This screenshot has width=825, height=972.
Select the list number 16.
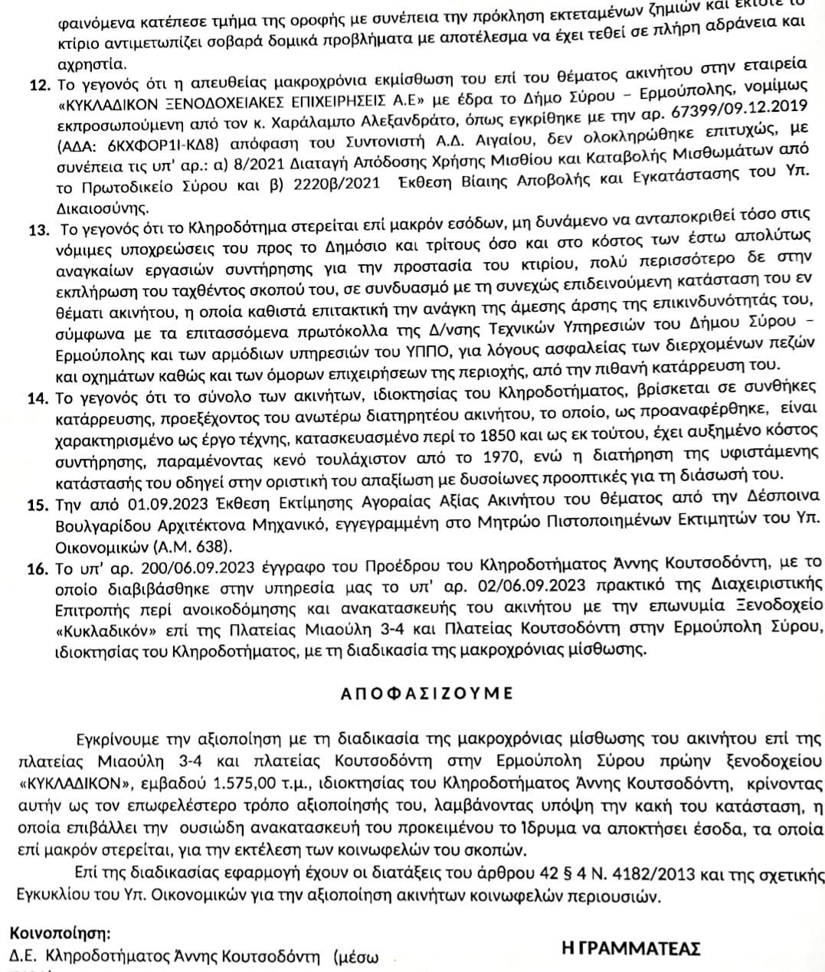tap(39, 568)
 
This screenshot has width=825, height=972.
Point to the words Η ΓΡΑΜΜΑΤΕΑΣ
tap(631, 949)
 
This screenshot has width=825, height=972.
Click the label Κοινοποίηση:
tap(60, 934)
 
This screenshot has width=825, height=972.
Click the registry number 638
tap(213, 547)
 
